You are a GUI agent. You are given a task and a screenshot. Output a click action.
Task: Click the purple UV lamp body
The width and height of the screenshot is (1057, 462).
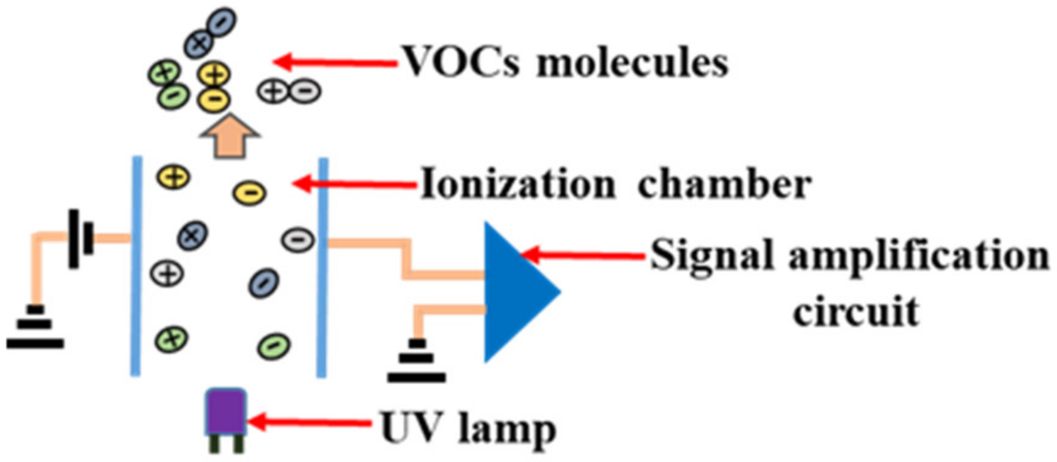tap(226, 413)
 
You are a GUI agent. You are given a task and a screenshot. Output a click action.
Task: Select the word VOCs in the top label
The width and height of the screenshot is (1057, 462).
tap(461, 62)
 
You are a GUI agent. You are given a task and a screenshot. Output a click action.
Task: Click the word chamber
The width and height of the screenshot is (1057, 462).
tap(724, 184)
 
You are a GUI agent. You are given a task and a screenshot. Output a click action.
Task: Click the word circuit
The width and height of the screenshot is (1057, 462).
tap(856, 312)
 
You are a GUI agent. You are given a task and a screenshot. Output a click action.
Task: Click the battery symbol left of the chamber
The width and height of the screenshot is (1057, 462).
tap(81, 238)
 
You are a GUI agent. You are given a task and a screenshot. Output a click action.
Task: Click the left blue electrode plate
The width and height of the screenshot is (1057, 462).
tap(136, 266)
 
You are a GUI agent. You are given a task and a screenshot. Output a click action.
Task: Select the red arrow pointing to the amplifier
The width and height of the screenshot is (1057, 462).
tap(583, 255)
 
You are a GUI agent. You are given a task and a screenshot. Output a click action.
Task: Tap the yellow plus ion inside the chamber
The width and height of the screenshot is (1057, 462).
tap(174, 177)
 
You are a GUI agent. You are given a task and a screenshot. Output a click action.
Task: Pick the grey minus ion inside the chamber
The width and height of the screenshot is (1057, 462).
tap(298, 240)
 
